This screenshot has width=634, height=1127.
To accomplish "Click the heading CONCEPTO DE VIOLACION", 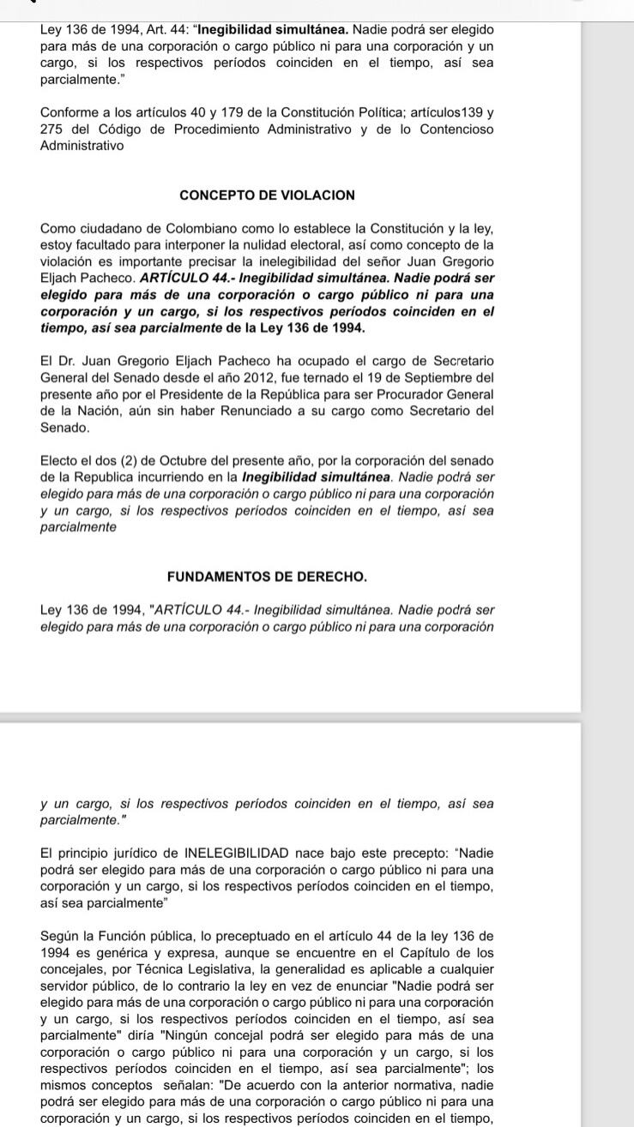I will pos(267,195).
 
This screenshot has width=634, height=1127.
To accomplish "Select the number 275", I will pos(53,129).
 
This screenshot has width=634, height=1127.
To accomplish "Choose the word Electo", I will pos(60,461).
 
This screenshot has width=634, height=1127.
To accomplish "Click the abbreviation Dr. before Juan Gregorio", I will pos(64,361).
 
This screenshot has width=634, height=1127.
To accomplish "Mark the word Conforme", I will pos(69,113).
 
